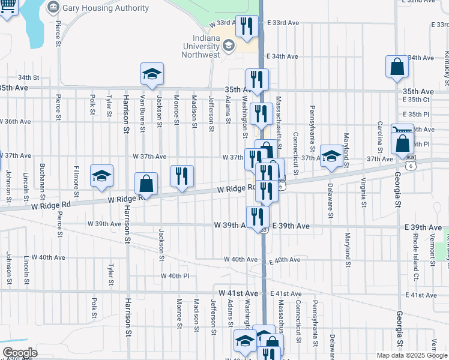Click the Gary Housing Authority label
click(x=105, y=8)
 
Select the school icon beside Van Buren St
click(x=152, y=74)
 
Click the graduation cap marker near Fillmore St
click(x=102, y=176)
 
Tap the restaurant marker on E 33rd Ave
click(x=247, y=26)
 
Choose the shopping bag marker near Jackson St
click(x=146, y=184)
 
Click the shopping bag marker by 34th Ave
click(x=397, y=67)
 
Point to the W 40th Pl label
click(x=175, y=276)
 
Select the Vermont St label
click(x=433, y=250)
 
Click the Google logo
click(x=20, y=353)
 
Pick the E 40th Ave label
click(x=285, y=260)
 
